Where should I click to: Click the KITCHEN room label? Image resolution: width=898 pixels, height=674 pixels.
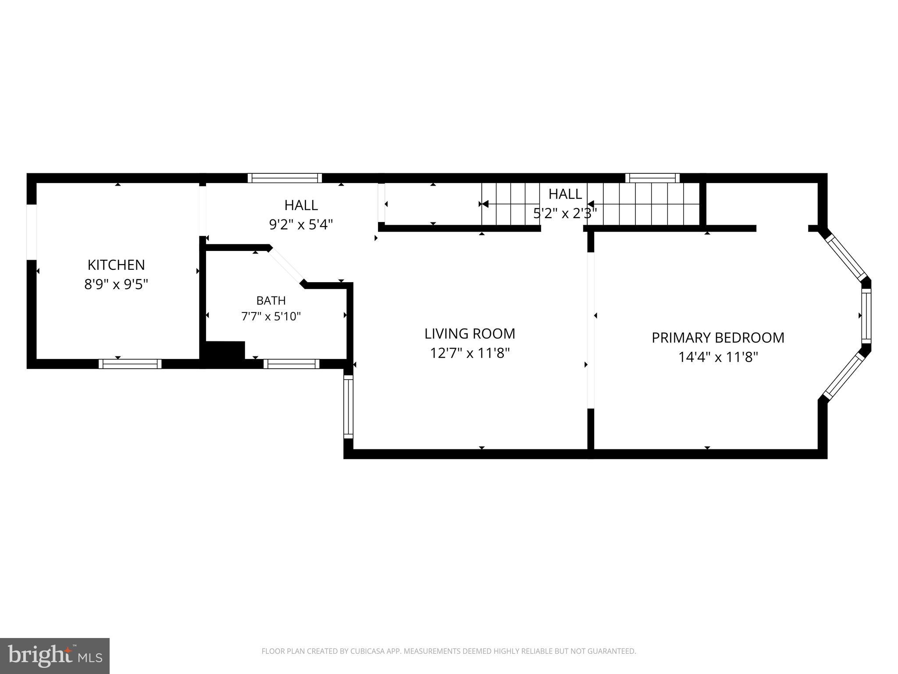[x=116, y=265]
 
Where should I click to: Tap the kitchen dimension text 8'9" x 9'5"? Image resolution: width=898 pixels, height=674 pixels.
[x=116, y=285]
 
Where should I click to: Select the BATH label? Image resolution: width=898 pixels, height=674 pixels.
[x=271, y=301]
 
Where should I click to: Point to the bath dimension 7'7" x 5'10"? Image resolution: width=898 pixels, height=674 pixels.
[x=271, y=316]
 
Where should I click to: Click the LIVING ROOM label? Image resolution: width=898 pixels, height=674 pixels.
[x=470, y=334]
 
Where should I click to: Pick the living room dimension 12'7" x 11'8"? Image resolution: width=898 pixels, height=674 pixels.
[x=470, y=353]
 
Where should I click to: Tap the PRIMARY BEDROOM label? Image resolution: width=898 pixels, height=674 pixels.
[x=718, y=338]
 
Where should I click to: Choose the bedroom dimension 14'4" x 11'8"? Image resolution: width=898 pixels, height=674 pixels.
[x=718, y=357]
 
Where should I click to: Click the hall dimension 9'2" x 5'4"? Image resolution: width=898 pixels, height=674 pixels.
[x=301, y=225]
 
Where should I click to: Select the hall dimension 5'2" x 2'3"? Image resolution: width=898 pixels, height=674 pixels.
[x=565, y=214]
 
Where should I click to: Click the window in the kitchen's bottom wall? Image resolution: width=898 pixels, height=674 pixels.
[x=130, y=364]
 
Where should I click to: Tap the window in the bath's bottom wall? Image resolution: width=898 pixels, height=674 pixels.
[x=291, y=364]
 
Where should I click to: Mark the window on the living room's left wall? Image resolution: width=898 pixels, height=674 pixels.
[x=348, y=406]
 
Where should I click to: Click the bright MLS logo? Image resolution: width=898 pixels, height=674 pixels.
[x=55, y=656]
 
